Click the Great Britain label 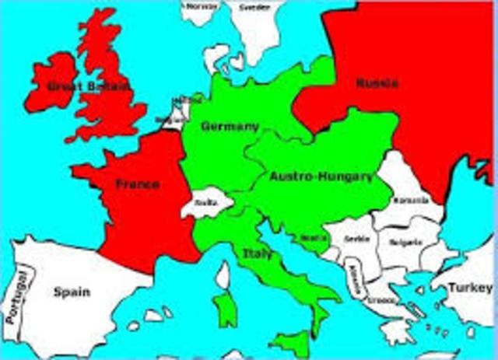(x=78, y=86)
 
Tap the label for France (x=138, y=184)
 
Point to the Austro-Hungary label (x=321, y=177)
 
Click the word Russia (x=377, y=83)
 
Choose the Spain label (x=71, y=292)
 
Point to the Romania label (x=410, y=201)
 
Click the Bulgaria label (x=406, y=242)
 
